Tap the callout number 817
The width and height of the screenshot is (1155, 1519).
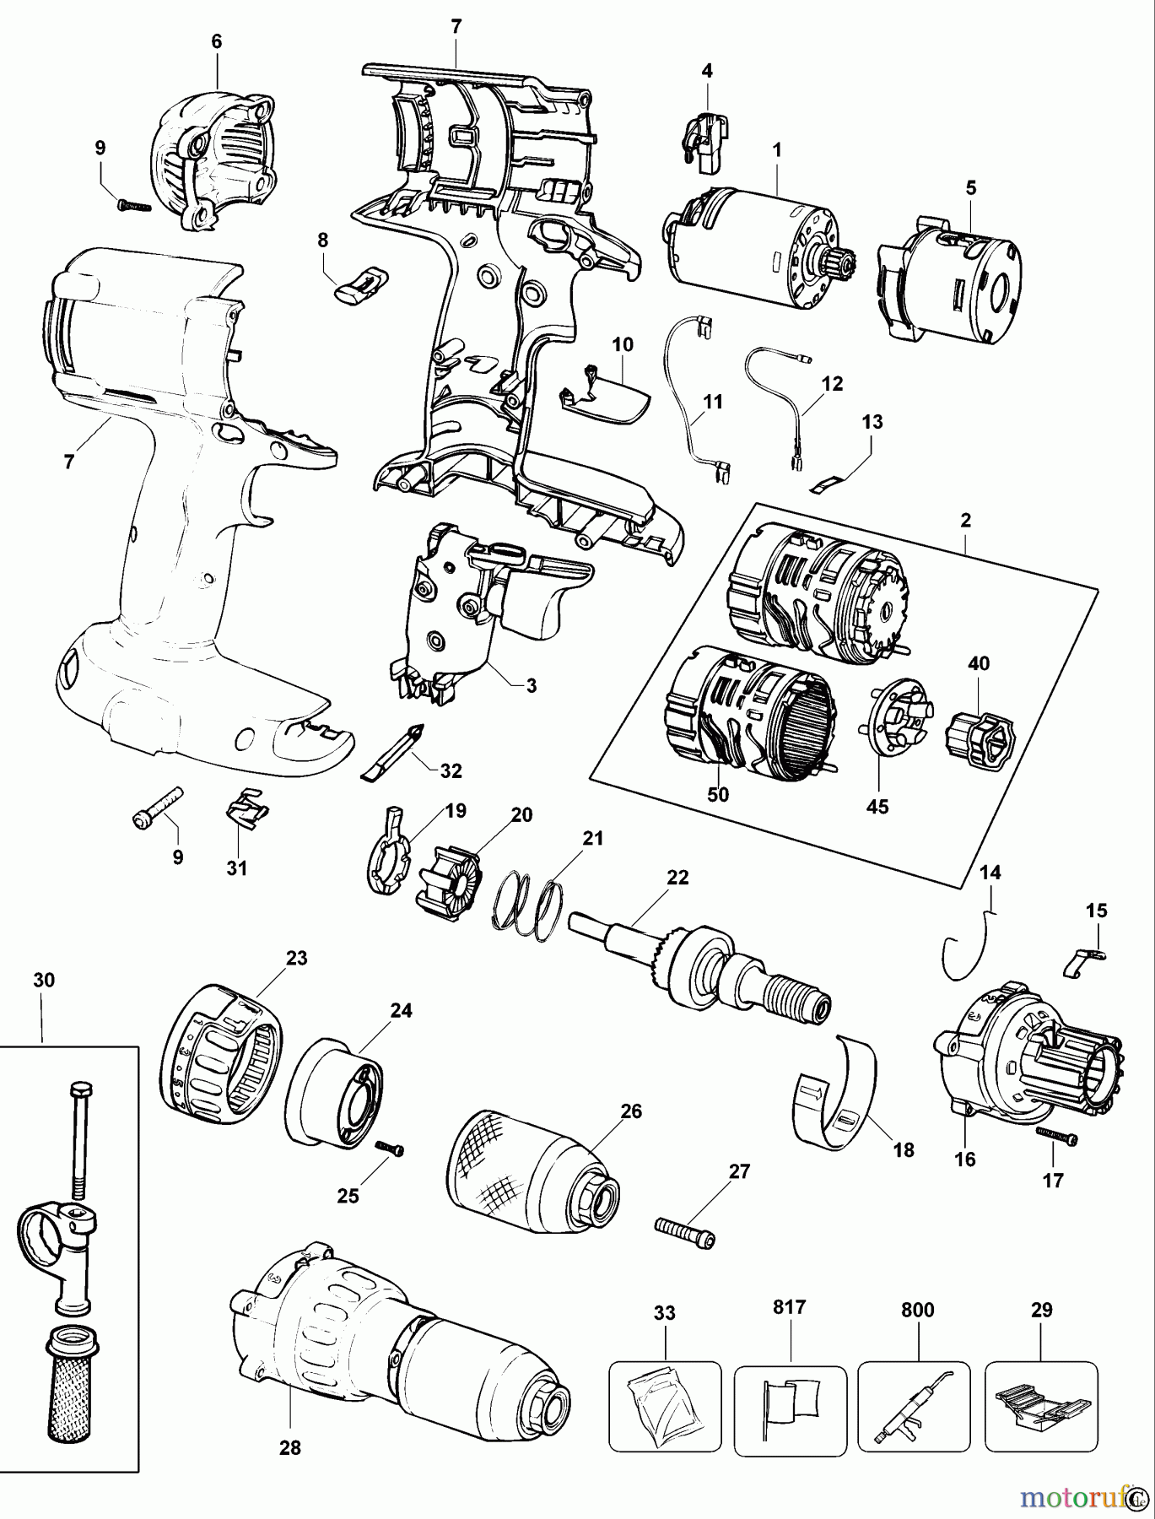pos(790,1307)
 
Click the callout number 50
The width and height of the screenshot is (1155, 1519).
pos(718,794)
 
